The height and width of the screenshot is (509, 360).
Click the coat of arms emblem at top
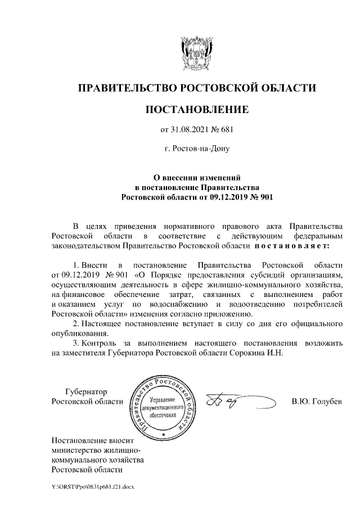pyautogui.click(x=196, y=52)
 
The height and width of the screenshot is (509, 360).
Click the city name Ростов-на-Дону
pyautogui.click(x=197, y=149)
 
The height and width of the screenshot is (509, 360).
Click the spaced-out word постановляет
pyautogui.click(x=296, y=246)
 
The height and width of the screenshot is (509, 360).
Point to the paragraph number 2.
pyautogui.click(x=76, y=325)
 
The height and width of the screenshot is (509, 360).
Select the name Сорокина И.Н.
pyautogui.click(x=259, y=354)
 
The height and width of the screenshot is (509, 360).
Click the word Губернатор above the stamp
pyautogui.click(x=86, y=391)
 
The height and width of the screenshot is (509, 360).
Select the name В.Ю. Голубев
pyautogui.click(x=317, y=402)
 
